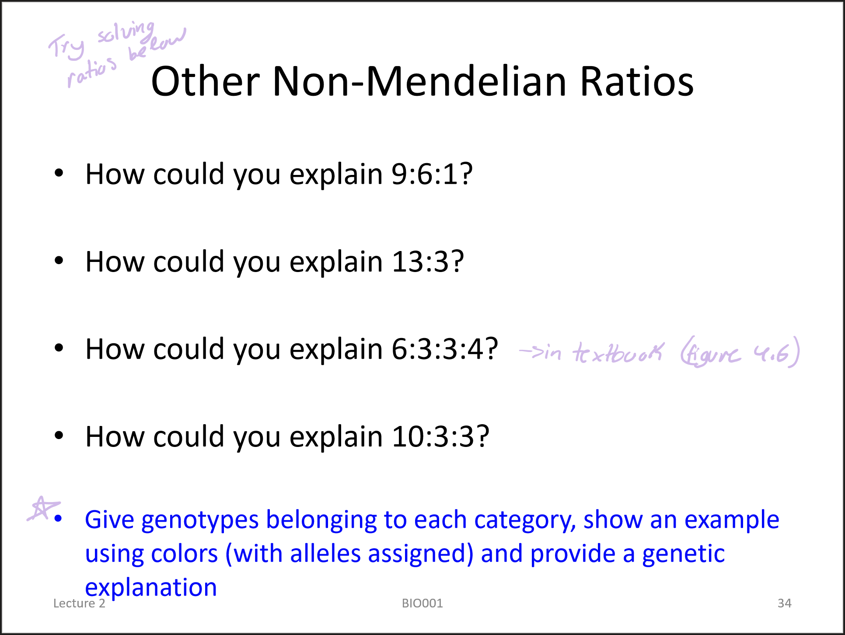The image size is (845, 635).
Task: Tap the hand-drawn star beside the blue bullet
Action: (43, 509)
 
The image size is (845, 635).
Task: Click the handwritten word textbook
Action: (618, 352)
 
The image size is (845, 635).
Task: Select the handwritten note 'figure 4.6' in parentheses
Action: (740, 352)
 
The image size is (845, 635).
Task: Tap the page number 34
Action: (784, 604)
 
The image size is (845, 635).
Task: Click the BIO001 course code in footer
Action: (422, 604)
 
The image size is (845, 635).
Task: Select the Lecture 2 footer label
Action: (79, 604)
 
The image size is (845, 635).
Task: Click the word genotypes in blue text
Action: (200, 520)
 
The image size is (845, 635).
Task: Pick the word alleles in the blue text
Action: (326, 554)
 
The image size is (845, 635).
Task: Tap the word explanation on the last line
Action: (151, 588)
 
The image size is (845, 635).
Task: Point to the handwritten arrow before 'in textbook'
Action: (531, 351)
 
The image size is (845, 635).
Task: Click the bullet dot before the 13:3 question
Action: (59, 261)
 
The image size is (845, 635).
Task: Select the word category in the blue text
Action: (525, 520)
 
